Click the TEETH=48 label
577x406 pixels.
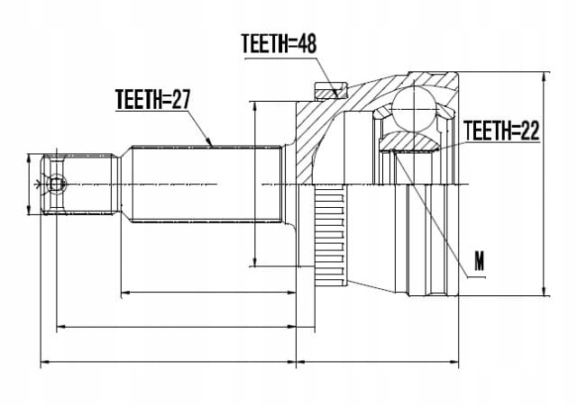coord(279,44)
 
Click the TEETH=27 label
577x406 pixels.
coord(152,99)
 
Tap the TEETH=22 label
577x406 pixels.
coord(501,130)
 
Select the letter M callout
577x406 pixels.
coord(479,261)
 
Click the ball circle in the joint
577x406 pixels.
coord(415,110)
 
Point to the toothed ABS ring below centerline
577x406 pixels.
coord(329,236)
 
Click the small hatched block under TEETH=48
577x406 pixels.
coord(331,90)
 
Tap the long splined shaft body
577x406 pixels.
coord(206,184)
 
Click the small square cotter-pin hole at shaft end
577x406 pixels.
coord(56,184)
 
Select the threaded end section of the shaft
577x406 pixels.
coord(79,184)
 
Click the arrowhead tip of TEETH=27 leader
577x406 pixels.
coord(213,147)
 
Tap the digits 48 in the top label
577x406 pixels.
coord(307,44)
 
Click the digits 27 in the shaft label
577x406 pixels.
coord(180,99)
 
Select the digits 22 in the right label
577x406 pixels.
coord(529,130)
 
